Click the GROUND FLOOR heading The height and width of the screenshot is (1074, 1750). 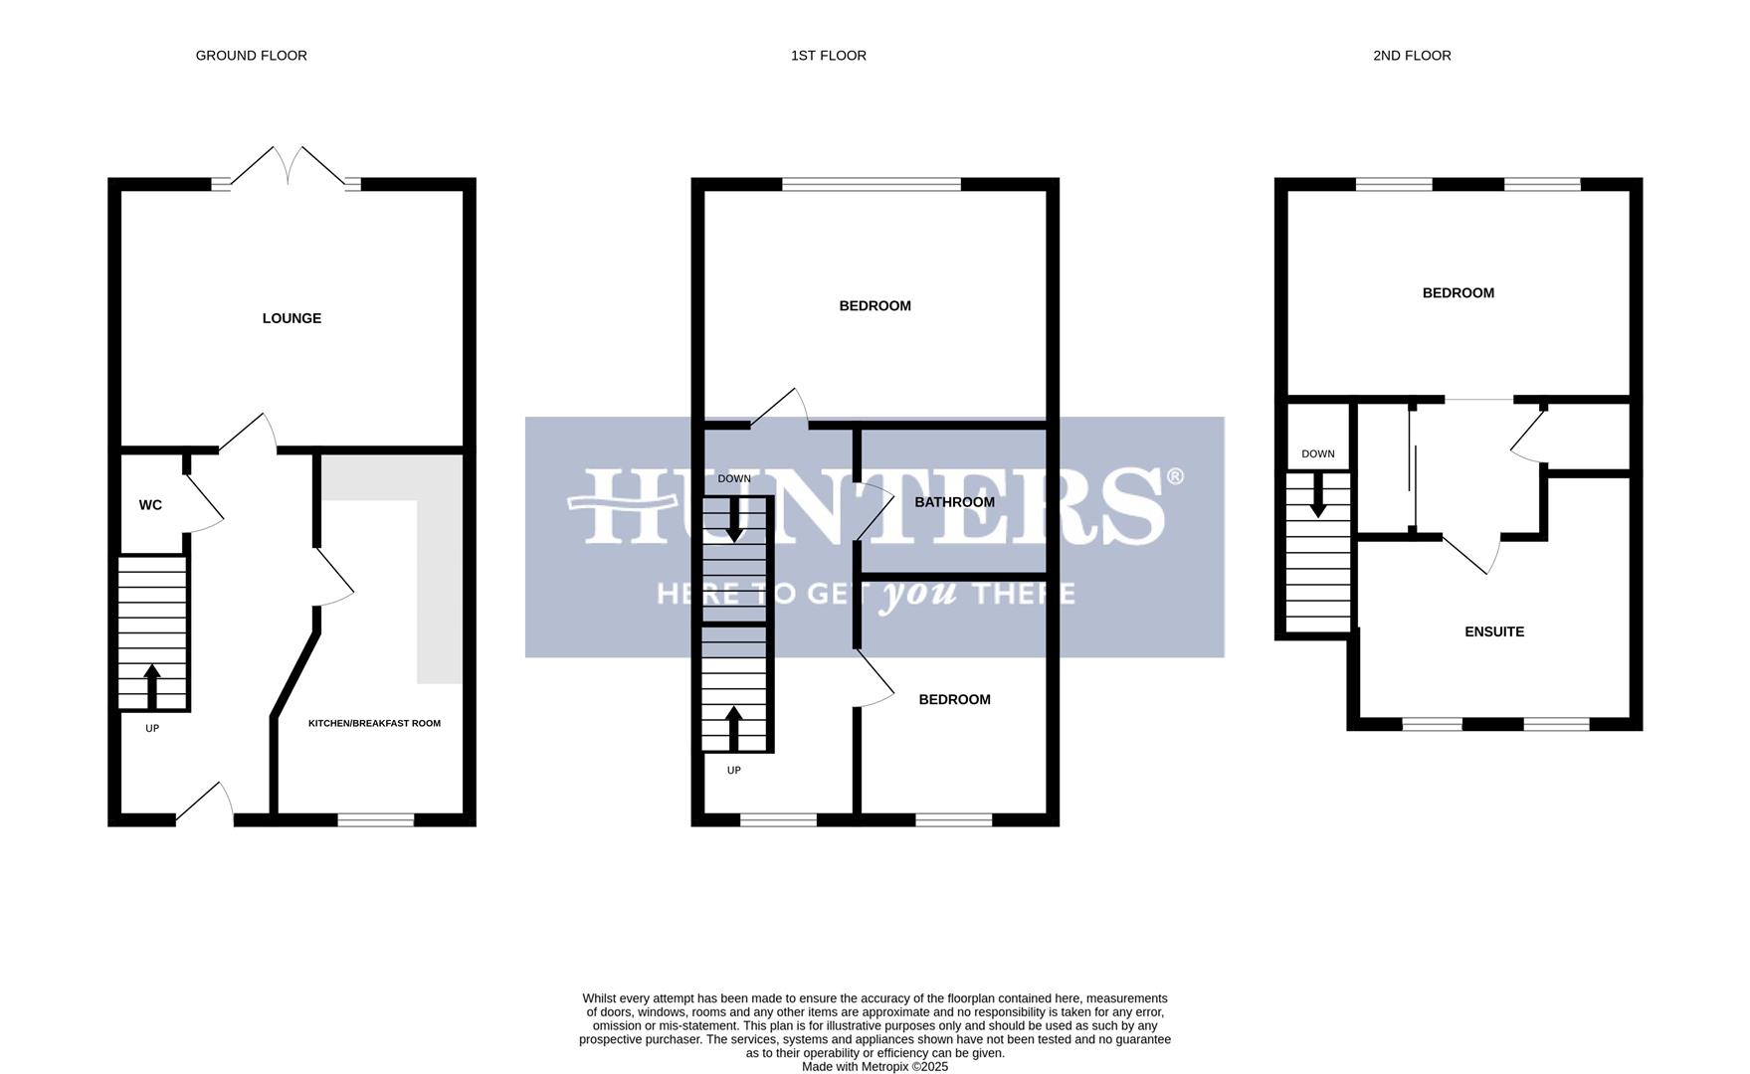coord(251,56)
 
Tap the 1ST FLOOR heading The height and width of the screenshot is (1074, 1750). coord(828,56)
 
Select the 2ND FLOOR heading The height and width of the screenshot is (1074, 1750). coord(1411,56)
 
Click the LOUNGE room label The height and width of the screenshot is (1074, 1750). coord(292,318)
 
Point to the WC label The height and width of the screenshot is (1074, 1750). coord(150,505)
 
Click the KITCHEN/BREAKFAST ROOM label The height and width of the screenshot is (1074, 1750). coord(374,723)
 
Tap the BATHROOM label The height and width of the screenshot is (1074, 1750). coord(954,502)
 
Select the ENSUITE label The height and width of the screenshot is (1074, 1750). coord(1493,631)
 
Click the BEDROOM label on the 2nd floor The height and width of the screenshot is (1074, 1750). coord(1458,293)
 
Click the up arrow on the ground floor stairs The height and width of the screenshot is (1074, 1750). coord(152,686)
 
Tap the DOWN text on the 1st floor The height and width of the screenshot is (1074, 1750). coord(734,479)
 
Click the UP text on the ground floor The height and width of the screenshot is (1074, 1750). coord(152,728)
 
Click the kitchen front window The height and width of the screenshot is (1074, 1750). coord(375,819)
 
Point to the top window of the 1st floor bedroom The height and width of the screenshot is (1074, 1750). coord(872,184)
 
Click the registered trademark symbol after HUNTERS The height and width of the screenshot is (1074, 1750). coord(1174,477)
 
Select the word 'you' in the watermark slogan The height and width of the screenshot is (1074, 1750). coord(921,594)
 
